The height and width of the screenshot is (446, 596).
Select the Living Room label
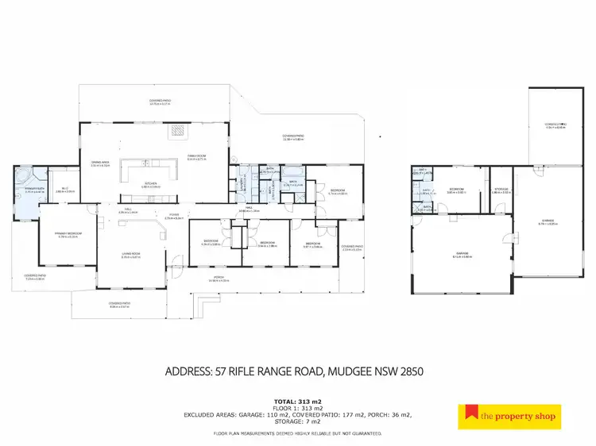131,254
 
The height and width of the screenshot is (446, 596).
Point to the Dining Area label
100,163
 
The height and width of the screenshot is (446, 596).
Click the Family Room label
196,157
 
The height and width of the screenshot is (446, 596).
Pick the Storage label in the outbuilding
501,190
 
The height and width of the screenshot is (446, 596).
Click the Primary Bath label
34,190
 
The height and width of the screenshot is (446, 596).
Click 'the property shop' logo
510,415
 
